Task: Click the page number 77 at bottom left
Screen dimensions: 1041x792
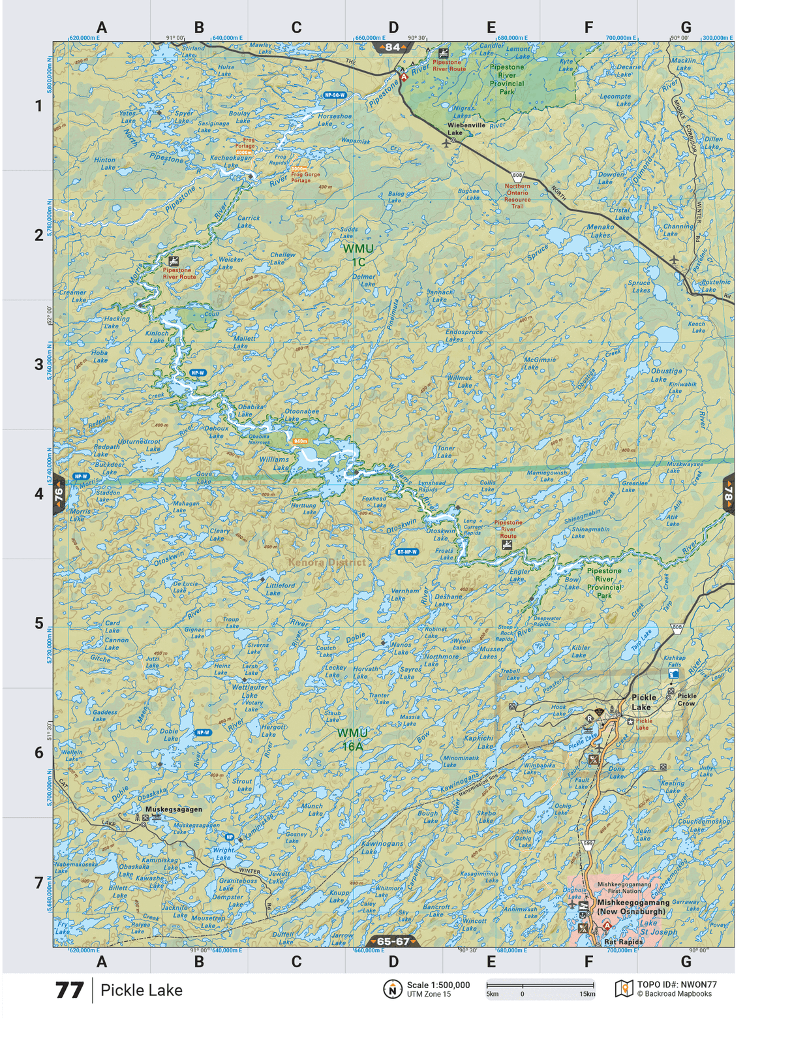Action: point(69,990)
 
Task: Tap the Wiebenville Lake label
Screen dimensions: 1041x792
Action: point(466,129)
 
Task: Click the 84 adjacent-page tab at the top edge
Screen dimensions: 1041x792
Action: point(392,47)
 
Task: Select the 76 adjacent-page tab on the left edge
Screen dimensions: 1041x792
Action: point(59,494)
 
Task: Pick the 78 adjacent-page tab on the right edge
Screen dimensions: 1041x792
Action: point(728,494)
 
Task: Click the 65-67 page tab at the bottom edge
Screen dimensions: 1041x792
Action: point(393,941)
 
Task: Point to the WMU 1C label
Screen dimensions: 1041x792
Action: point(358,255)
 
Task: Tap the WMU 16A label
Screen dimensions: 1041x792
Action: point(352,739)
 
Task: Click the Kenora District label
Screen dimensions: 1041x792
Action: point(327,562)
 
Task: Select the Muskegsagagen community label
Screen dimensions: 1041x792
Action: point(174,809)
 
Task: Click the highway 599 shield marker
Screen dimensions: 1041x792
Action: point(588,844)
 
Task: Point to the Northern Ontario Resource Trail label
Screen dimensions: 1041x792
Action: point(517,196)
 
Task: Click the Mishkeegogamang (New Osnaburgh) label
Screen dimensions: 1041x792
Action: point(633,907)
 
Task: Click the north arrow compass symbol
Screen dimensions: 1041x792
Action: point(392,989)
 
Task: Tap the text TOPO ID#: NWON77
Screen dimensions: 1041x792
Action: point(677,985)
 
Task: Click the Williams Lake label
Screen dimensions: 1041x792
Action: point(274,463)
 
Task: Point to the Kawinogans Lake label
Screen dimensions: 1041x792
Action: point(382,847)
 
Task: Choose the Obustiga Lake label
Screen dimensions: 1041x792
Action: point(666,375)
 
